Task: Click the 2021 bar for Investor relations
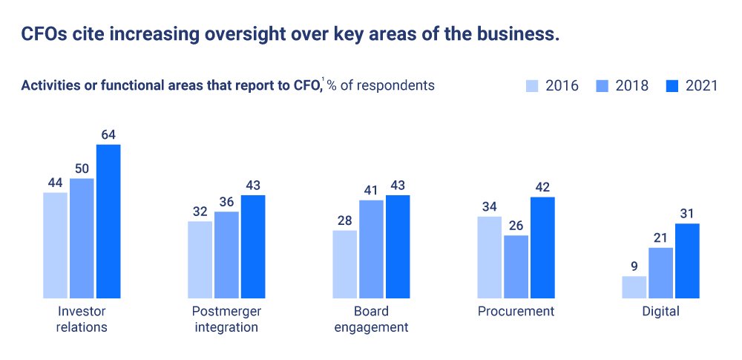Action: pos(108,221)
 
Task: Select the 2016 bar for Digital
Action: pos(634,287)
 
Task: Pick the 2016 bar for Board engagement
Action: pos(344,264)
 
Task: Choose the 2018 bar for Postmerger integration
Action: pos(226,255)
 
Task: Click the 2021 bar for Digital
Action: pos(687,261)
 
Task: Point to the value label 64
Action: pos(108,134)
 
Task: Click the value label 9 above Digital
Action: pos(634,266)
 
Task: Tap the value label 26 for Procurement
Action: pos(516,226)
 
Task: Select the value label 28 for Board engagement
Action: pos(344,220)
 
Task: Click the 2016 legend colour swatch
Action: pos(532,85)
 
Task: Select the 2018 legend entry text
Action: pos(631,85)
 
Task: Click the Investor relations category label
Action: pos(82,319)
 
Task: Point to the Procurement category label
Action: pos(516,312)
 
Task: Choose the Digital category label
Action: pos(660,312)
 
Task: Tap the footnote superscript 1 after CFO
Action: pos(322,79)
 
